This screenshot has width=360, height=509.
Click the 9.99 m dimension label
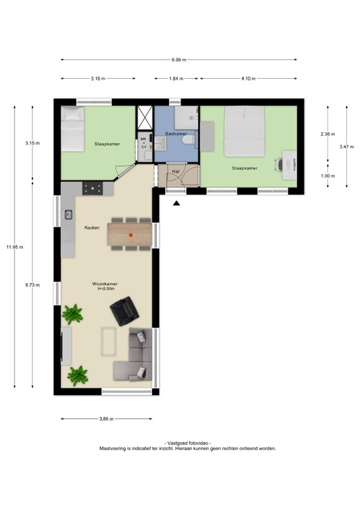[x=178, y=60]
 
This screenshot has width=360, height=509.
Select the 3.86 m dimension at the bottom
[x=106, y=419]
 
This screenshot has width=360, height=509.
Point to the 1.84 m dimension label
[x=176, y=78]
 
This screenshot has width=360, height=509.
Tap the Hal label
[x=176, y=171]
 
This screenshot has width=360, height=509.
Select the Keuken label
[x=91, y=227]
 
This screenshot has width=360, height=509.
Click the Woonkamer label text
[x=105, y=283]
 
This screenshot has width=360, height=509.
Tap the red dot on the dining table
[x=131, y=235]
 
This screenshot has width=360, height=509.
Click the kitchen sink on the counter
[x=68, y=214]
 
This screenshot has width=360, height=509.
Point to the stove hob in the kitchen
[x=91, y=188]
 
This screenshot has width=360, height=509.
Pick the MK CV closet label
[x=144, y=143]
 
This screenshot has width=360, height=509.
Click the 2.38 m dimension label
[x=328, y=134]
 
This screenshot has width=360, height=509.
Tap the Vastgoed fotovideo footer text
[x=188, y=442]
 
